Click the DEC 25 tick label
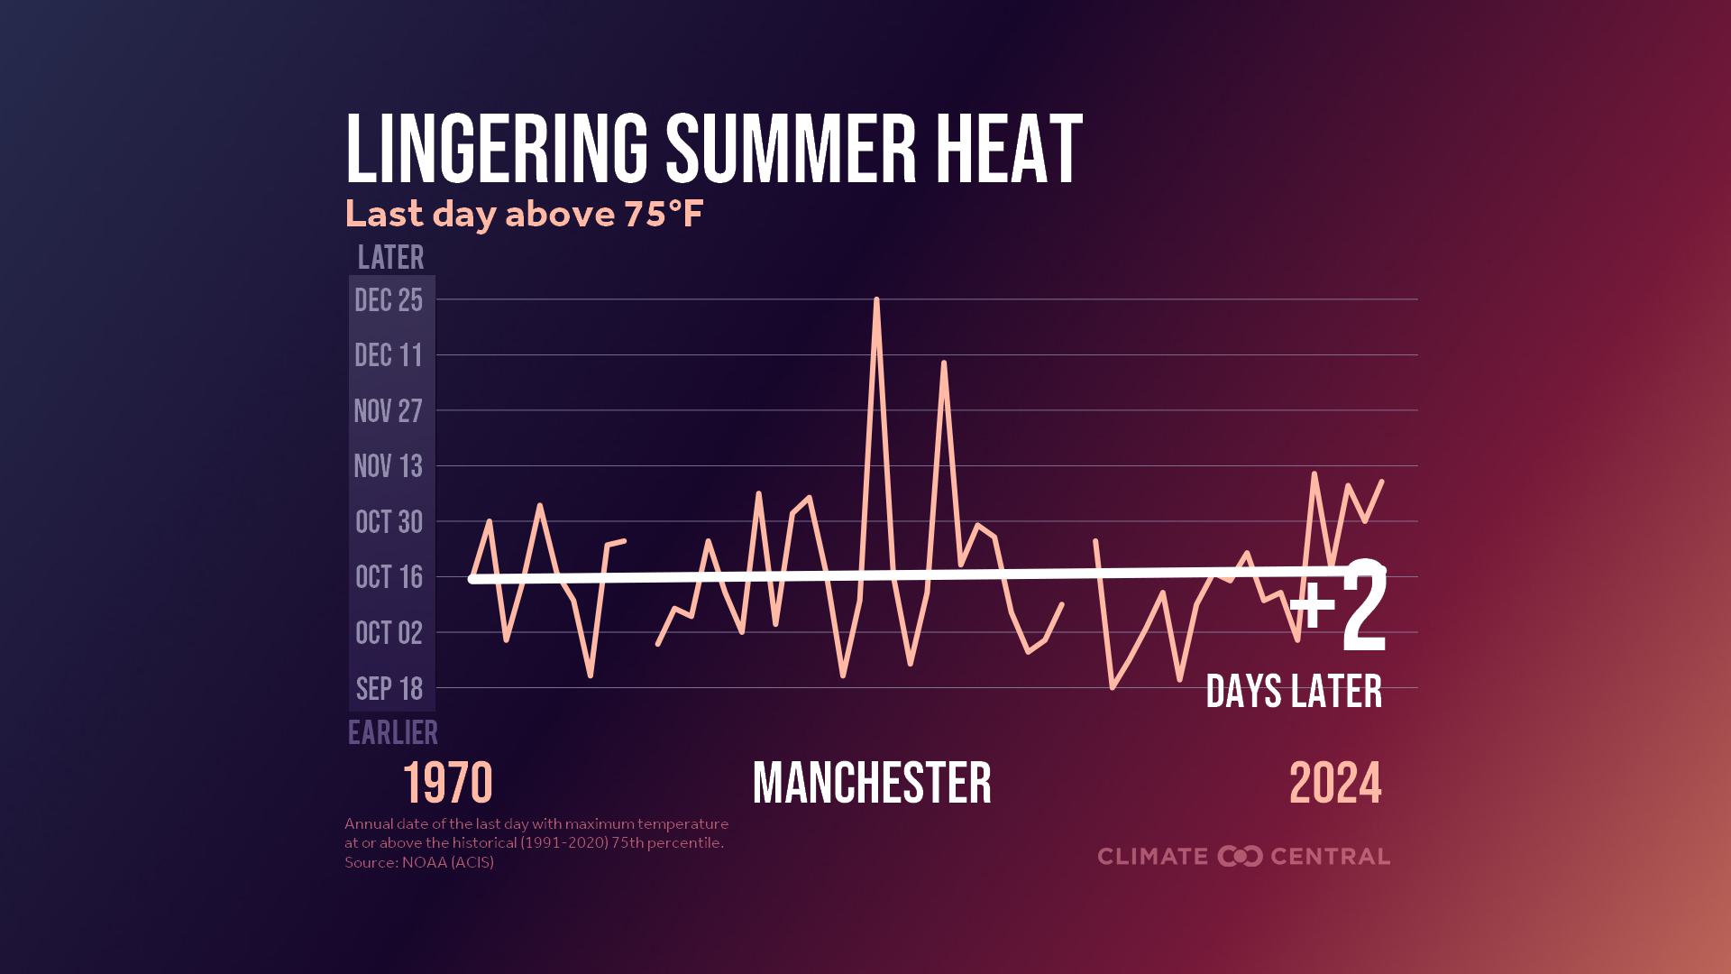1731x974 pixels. pyautogui.click(x=389, y=300)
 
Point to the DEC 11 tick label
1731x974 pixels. pyautogui.click(x=389, y=355)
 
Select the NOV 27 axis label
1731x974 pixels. pyautogui.click(x=388, y=411)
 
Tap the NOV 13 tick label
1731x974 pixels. pyautogui.click(x=388, y=466)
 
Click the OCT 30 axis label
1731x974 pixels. pyautogui.click(x=389, y=522)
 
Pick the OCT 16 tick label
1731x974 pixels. pyautogui.click(x=389, y=577)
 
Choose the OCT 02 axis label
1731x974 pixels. pyautogui.click(x=389, y=633)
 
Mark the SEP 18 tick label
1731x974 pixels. pyautogui.click(x=389, y=689)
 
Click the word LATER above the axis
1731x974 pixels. pyautogui.click(x=390, y=258)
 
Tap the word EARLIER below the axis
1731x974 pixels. pyautogui.click(x=393, y=732)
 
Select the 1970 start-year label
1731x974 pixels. pyautogui.click(x=447, y=783)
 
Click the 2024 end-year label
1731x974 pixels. pyautogui.click(x=1335, y=783)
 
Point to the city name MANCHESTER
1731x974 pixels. pyautogui.click(x=872, y=783)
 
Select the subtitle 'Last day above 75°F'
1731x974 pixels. pyautogui.click(x=524, y=215)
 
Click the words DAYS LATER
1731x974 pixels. pyautogui.click(x=1294, y=692)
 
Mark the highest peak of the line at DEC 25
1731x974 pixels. pyautogui.click(x=876, y=299)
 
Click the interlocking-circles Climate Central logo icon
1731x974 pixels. pyautogui.click(x=1240, y=856)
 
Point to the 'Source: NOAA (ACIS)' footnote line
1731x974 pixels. pyautogui.click(x=419, y=862)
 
